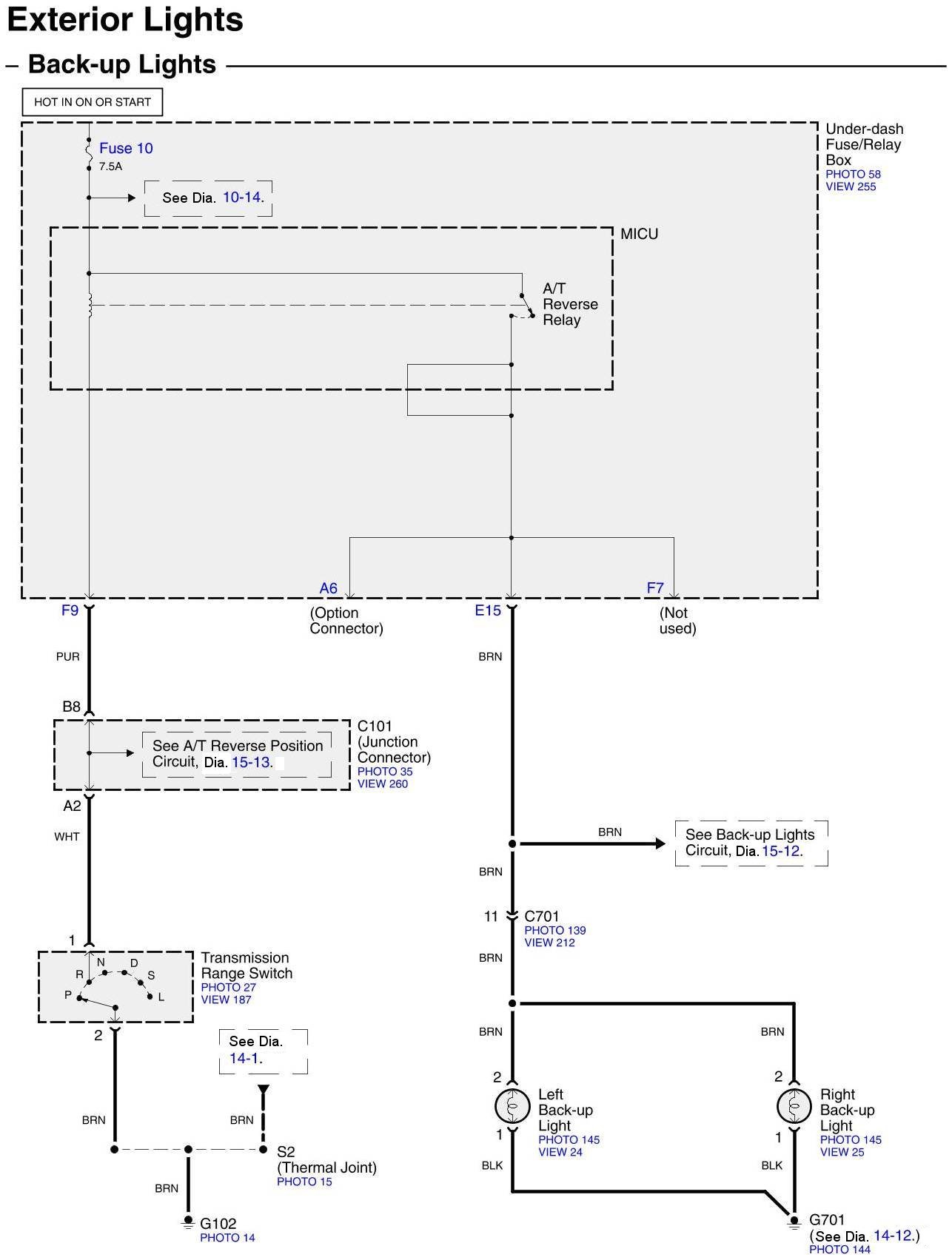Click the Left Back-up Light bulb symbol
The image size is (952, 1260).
coord(512,1107)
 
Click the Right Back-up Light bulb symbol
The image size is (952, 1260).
coord(794,1107)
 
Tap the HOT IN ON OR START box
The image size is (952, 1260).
coord(93,102)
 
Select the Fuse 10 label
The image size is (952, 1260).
coord(126,148)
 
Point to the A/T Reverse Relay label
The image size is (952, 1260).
coord(570,304)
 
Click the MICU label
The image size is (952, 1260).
coord(639,234)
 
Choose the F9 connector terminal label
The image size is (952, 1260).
coord(70,610)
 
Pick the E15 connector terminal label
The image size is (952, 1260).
coord(488,610)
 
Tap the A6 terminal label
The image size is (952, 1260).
coord(328,588)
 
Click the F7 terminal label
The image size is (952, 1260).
coord(655,588)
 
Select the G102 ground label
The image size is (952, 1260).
coord(218,1224)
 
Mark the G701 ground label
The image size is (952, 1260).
coord(827,1219)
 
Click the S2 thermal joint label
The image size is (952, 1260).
coord(286,1152)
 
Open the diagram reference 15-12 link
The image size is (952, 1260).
coord(781,851)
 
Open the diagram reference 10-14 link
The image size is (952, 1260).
coord(242,198)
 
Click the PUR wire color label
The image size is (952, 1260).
coord(67,656)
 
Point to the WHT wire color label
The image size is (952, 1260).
coord(67,837)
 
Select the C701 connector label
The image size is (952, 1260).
coord(542,917)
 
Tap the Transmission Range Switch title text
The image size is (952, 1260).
coord(247,966)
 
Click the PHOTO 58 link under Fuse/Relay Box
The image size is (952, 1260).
coord(853,174)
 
